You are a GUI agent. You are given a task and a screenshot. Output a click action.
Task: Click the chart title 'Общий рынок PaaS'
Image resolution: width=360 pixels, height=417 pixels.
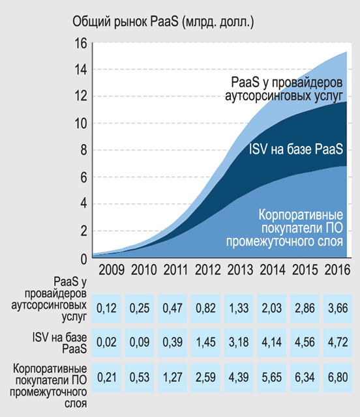point(125,22)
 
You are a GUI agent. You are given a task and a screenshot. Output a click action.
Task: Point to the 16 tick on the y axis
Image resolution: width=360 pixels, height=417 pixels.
point(80,43)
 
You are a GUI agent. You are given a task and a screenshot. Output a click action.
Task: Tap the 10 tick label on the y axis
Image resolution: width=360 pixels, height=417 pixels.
point(80,123)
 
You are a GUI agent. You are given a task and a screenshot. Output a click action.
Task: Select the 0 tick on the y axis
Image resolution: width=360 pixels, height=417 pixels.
point(83,259)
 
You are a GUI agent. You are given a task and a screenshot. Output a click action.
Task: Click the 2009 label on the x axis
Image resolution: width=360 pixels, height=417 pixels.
point(112,270)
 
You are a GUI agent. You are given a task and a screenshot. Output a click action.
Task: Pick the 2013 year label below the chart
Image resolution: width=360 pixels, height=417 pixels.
point(240,270)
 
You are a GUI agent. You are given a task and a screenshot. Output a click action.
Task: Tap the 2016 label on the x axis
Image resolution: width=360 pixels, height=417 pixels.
point(337,270)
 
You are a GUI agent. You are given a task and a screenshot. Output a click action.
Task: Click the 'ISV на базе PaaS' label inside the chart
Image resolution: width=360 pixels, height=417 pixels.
point(296,149)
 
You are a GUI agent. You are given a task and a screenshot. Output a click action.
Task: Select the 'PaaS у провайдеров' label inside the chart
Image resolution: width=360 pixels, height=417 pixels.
point(286,82)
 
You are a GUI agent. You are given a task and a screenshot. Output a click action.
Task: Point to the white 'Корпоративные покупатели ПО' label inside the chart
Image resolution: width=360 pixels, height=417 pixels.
point(301,222)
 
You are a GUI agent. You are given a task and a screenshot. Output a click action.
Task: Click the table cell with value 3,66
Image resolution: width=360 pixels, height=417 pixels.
point(338,308)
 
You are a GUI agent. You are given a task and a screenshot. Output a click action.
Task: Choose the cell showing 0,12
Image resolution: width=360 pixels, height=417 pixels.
point(106,308)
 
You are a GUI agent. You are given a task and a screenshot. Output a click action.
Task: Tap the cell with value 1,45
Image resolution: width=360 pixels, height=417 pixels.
point(205,342)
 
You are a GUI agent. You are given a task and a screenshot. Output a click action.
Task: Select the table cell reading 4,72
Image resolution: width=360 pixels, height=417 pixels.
point(338,342)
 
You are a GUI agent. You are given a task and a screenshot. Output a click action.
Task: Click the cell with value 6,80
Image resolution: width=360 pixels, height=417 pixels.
point(338,377)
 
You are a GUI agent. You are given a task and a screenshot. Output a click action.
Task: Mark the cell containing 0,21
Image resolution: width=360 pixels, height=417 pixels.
point(106,377)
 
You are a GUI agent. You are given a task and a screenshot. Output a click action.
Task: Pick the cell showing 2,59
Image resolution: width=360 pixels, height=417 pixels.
point(205,377)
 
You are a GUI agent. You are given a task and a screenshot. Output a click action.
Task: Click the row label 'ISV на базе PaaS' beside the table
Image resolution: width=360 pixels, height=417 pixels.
point(59,343)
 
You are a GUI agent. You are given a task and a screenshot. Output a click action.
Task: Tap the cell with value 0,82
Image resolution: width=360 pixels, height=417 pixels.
point(205,308)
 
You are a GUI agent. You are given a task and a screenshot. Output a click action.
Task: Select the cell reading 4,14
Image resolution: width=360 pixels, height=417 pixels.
point(271,342)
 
